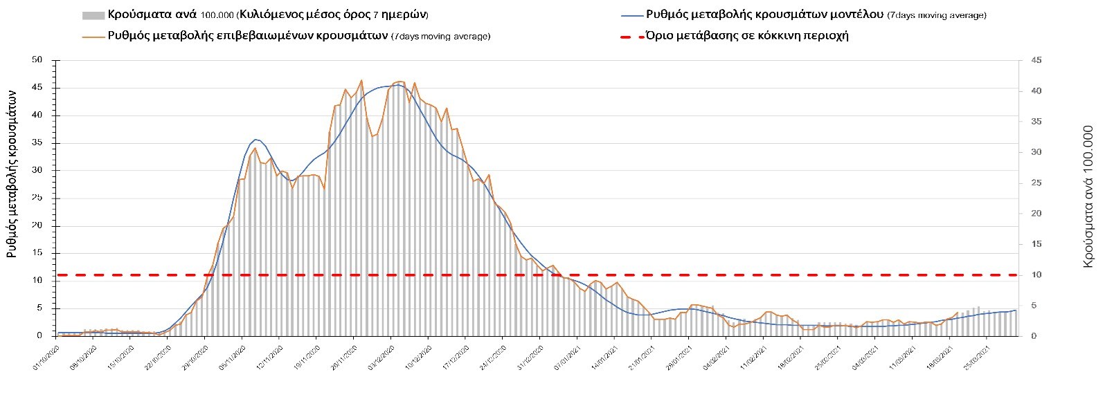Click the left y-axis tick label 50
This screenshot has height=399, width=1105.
[37, 60]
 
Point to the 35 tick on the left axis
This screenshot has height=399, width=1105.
[37, 143]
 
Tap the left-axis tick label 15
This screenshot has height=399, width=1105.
[37, 253]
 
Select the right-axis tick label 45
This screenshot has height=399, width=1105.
[1036, 61]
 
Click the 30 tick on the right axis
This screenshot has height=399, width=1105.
[1036, 152]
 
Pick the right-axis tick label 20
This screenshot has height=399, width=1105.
[1036, 214]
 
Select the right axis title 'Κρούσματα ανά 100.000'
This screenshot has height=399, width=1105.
[1088, 196]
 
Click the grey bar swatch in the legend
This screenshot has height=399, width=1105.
[93, 15]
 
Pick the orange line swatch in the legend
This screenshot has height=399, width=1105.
[93, 36]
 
